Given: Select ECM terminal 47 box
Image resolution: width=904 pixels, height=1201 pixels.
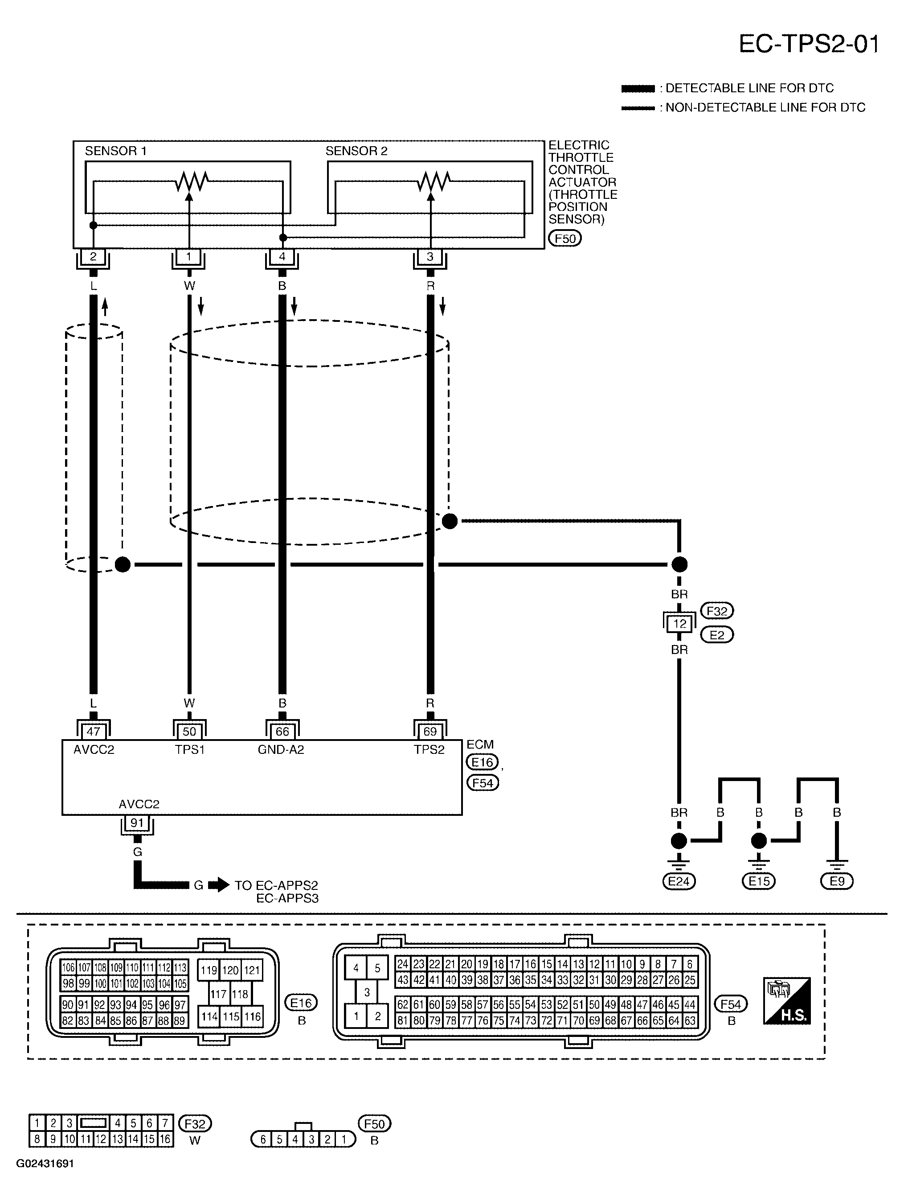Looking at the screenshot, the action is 93,732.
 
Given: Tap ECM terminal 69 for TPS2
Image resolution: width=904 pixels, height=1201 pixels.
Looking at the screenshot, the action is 430,732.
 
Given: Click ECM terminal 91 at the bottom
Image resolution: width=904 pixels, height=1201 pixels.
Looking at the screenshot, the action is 137,823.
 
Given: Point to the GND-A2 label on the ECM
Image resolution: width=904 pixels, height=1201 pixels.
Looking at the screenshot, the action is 281,750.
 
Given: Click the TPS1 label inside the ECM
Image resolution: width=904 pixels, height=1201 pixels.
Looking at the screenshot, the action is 189,750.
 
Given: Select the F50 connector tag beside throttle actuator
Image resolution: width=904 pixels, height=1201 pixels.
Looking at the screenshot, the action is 565,239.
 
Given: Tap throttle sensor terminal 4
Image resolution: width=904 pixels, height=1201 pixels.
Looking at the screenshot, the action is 282,256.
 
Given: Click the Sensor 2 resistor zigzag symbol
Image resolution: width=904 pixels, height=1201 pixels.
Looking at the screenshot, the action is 434,182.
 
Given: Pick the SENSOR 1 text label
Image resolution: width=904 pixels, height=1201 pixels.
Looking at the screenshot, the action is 115,151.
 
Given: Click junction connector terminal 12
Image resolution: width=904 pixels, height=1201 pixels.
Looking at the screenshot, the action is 679,624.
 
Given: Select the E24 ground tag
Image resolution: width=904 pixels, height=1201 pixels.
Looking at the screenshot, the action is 679,881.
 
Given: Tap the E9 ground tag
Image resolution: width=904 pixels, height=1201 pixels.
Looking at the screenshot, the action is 837,881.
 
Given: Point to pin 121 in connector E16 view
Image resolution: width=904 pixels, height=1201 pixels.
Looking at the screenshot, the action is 251,970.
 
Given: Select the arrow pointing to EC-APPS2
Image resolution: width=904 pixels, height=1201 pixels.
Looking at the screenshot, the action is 219,885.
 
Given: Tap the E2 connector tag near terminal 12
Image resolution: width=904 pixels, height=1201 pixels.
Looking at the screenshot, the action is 717,635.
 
